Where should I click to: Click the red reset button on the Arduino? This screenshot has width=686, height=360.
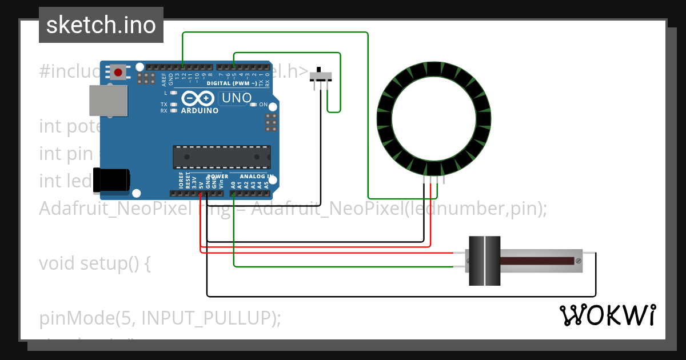pyautogui.click(x=118, y=73)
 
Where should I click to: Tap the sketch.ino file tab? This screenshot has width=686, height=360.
pyautogui.click(x=101, y=25)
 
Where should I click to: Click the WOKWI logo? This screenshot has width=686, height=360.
pyautogui.click(x=607, y=315)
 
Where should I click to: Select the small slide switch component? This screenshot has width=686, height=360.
pyautogui.click(x=320, y=77)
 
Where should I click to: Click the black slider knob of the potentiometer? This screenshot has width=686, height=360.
pyautogui.click(x=484, y=261)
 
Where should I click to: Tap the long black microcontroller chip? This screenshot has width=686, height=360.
pyautogui.click(x=222, y=157)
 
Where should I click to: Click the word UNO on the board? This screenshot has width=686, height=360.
pyautogui.click(x=236, y=98)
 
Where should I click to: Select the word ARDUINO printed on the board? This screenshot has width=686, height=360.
pyautogui.click(x=200, y=110)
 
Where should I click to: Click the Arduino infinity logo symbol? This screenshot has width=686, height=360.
pyautogui.click(x=198, y=98)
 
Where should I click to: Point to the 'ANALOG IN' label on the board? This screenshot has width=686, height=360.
pyautogui.click(x=256, y=177)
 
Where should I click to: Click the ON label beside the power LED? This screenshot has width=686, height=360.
pyautogui.click(x=264, y=105)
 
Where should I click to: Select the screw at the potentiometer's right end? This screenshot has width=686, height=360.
pyautogui.click(x=579, y=261)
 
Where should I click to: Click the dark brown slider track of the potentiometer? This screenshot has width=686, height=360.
pyautogui.click(x=537, y=261)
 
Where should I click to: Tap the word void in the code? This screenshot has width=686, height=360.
pyautogui.click(x=57, y=263)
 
